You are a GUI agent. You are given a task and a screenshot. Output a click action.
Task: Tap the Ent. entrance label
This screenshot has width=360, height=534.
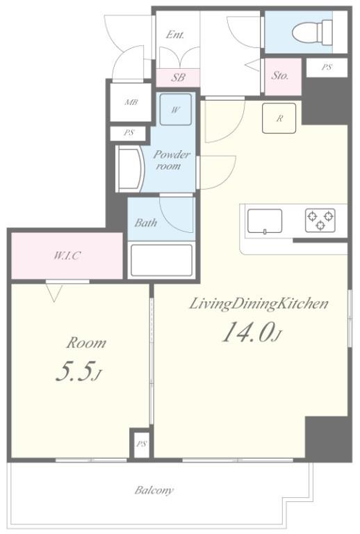(x=174, y=35)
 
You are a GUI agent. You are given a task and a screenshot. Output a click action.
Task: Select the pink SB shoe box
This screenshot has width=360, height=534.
(x=178, y=78)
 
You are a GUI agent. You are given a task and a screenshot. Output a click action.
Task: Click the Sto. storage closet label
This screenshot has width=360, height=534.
(x=280, y=75)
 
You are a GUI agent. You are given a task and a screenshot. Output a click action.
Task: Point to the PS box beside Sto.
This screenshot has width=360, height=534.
(x=326, y=67)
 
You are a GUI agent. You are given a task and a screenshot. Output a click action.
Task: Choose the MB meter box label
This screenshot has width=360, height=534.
(x=131, y=102)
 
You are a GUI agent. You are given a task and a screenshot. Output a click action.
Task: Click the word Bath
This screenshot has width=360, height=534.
(x=145, y=223)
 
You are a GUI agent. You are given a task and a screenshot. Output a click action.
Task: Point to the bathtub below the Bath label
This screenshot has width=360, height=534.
(x=161, y=261)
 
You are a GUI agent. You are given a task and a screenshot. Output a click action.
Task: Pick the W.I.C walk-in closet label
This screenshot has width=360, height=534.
(x=67, y=255)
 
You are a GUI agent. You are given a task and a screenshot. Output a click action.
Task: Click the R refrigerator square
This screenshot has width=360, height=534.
(x=279, y=118)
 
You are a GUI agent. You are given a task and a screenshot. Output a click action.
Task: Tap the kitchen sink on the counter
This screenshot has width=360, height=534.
(x=265, y=221)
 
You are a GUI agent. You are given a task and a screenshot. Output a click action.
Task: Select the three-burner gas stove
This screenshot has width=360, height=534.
(x=320, y=220)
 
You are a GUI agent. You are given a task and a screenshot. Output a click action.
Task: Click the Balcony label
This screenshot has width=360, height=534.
(x=154, y=490)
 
